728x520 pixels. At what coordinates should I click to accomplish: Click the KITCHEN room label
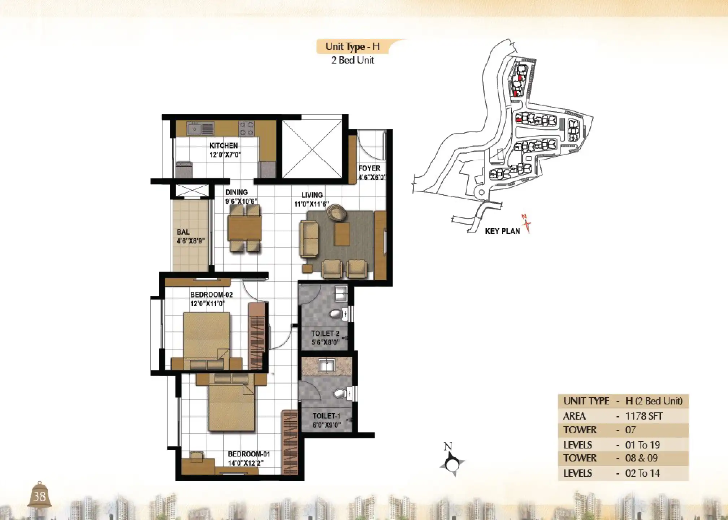tap(224, 146)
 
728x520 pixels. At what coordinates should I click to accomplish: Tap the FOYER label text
tap(369, 168)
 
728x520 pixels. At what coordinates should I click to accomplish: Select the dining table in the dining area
tap(244, 228)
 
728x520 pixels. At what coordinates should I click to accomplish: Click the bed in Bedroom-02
tap(207, 335)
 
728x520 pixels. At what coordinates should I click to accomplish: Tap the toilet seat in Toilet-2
tap(336, 313)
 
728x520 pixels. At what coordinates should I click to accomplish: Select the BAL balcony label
tap(183, 232)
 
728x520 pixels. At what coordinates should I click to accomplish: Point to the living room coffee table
tap(342, 234)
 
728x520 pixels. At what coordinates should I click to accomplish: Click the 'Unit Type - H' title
tap(352, 47)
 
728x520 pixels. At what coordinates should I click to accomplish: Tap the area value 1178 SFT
tap(644, 416)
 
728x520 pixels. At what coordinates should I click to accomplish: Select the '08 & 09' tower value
tap(641, 458)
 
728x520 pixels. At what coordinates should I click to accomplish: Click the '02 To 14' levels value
tap(642, 473)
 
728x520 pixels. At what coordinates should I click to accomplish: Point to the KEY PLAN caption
tap(502, 231)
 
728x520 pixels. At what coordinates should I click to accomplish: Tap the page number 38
tap(39, 497)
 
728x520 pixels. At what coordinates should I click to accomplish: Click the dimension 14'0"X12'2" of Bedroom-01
tap(244, 463)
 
